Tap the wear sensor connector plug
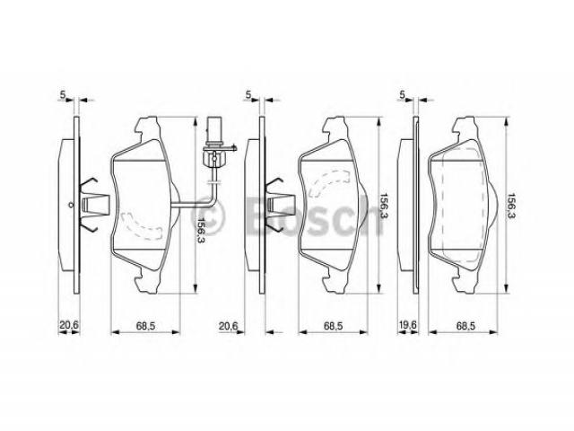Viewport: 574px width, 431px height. click(x=213, y=129)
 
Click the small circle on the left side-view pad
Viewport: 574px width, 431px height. click(x=71, y=205)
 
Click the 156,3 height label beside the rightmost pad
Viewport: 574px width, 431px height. click(x=510, y=206)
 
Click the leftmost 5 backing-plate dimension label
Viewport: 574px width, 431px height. click(x=63, y=94)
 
